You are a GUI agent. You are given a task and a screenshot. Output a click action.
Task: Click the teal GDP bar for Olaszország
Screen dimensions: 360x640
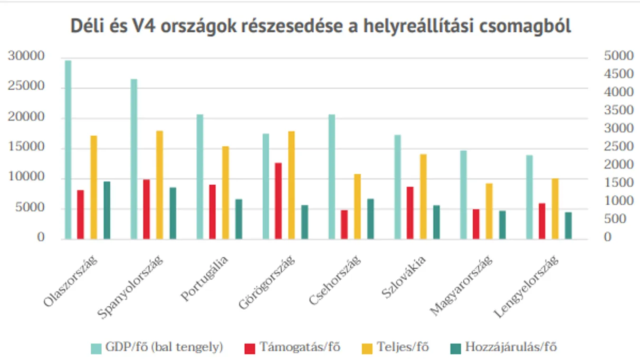(68, 150)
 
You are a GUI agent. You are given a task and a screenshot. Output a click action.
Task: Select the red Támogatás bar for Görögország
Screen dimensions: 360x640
(278, 201)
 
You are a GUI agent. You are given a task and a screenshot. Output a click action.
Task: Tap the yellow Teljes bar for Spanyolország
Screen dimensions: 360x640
(160, 185)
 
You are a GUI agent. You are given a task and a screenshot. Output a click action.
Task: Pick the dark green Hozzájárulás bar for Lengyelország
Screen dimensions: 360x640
(568, 226)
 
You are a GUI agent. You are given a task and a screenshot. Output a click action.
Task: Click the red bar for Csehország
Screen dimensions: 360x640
(344, 224)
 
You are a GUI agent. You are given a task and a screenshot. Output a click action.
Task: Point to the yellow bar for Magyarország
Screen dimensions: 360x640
(489, 211)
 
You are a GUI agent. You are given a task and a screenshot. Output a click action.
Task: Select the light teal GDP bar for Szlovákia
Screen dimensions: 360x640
(398, 187)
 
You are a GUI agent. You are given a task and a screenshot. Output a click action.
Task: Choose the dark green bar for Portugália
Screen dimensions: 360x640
(239, 219)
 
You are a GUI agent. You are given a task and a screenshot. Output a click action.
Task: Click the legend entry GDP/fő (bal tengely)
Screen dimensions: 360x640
(157, 348)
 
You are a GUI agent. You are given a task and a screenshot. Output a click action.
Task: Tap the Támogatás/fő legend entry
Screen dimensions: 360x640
(293, 348)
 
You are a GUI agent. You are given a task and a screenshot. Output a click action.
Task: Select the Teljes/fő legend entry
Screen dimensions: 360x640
(395, 348)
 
